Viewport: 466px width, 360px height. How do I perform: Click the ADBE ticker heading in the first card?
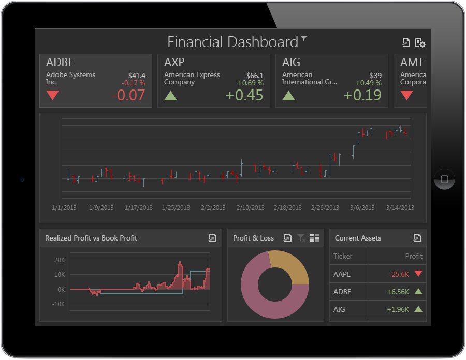(60, 62)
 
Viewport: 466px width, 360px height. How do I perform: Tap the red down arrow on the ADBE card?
(53, 95)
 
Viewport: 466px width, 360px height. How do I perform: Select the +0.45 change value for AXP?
(244, 95)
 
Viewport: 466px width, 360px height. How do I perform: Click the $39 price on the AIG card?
(376, 76)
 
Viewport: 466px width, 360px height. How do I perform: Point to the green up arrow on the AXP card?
(170, 95)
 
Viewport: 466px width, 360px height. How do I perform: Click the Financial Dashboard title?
(232, 42)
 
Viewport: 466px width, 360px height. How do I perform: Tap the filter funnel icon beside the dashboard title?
(304, 39)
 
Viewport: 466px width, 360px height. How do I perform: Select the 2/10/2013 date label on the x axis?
(250, 208)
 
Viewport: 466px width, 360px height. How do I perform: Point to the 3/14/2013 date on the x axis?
(400, 208)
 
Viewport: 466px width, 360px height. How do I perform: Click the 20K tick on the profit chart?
(60, 260)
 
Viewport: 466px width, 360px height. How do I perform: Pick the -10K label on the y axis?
(58, 304)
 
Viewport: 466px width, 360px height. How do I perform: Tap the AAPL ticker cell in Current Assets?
(342, 274)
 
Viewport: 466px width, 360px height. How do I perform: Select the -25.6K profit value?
(399, 274)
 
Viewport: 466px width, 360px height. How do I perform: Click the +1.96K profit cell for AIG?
(398, 309)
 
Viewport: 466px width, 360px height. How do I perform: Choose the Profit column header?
(414, 256)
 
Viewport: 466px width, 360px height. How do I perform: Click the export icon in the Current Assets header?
(417, 238)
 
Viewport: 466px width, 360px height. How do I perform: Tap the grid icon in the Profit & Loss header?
(314, 238)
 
